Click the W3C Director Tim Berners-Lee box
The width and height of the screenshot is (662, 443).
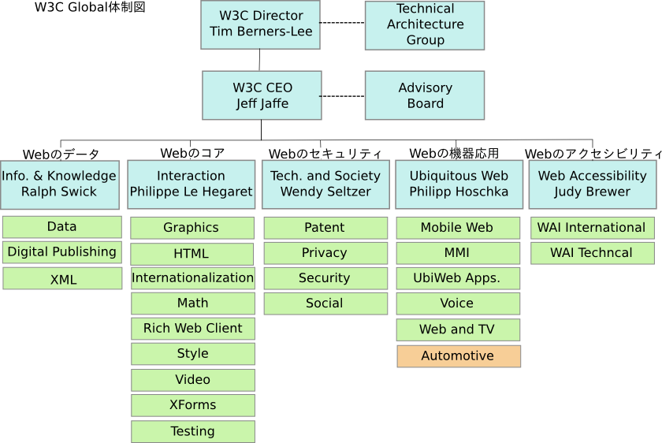[261, 24]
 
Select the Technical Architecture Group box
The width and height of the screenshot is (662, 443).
[425, 25]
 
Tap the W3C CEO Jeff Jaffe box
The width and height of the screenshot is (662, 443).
[262, 95]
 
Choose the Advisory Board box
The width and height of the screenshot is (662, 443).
[425, 95]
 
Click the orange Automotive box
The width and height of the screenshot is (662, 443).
[458, 356]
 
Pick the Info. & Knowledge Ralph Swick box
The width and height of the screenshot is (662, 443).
[59, 184]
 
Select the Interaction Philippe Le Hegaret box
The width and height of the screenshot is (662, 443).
[192, 184]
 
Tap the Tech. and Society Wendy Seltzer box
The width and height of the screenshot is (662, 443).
[325, 184]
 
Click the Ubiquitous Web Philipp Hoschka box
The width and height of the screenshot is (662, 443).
[459, 184]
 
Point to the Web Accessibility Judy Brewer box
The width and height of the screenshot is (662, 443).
[592, 184]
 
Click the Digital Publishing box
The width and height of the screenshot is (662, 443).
[62, 252]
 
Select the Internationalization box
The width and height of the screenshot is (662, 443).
[192, 277]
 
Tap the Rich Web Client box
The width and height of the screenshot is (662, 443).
[192, 329]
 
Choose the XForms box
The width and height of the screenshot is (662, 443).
[192, 405]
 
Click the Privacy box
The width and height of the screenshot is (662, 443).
[325, 253]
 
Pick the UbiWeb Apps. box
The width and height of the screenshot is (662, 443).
[457, 278]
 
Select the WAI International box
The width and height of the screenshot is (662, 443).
[592, 228]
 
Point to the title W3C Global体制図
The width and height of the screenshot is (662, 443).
[90, 8]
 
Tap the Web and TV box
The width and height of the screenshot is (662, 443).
[457, 329]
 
